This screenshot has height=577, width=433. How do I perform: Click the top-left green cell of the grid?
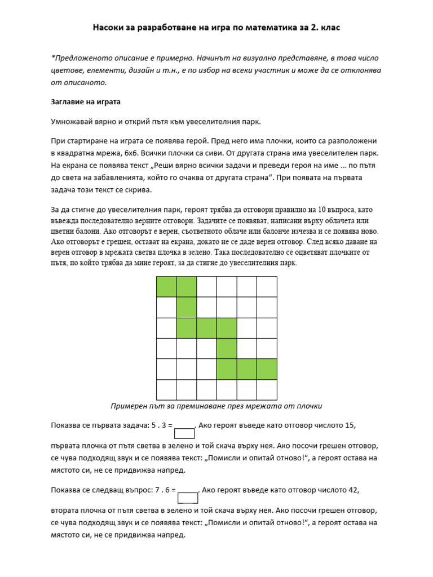pos(166,287)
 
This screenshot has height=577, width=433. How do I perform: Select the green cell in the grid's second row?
pos(187,307)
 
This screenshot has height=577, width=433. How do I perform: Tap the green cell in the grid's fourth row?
pos(227,348)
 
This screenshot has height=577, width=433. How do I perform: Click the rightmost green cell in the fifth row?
pos(267,369)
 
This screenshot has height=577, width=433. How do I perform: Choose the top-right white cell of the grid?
pos(267,287)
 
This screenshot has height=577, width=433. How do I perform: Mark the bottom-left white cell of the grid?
pos(166,389)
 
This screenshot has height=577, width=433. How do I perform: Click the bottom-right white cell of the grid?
pos(267,389)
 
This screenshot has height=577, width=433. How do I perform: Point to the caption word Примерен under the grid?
pos(130,406)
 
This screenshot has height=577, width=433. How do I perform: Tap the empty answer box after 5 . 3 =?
pos(184,433)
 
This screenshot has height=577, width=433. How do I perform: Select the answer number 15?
pos(350,425)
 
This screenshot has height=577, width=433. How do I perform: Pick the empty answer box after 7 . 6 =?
pos(188,498)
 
